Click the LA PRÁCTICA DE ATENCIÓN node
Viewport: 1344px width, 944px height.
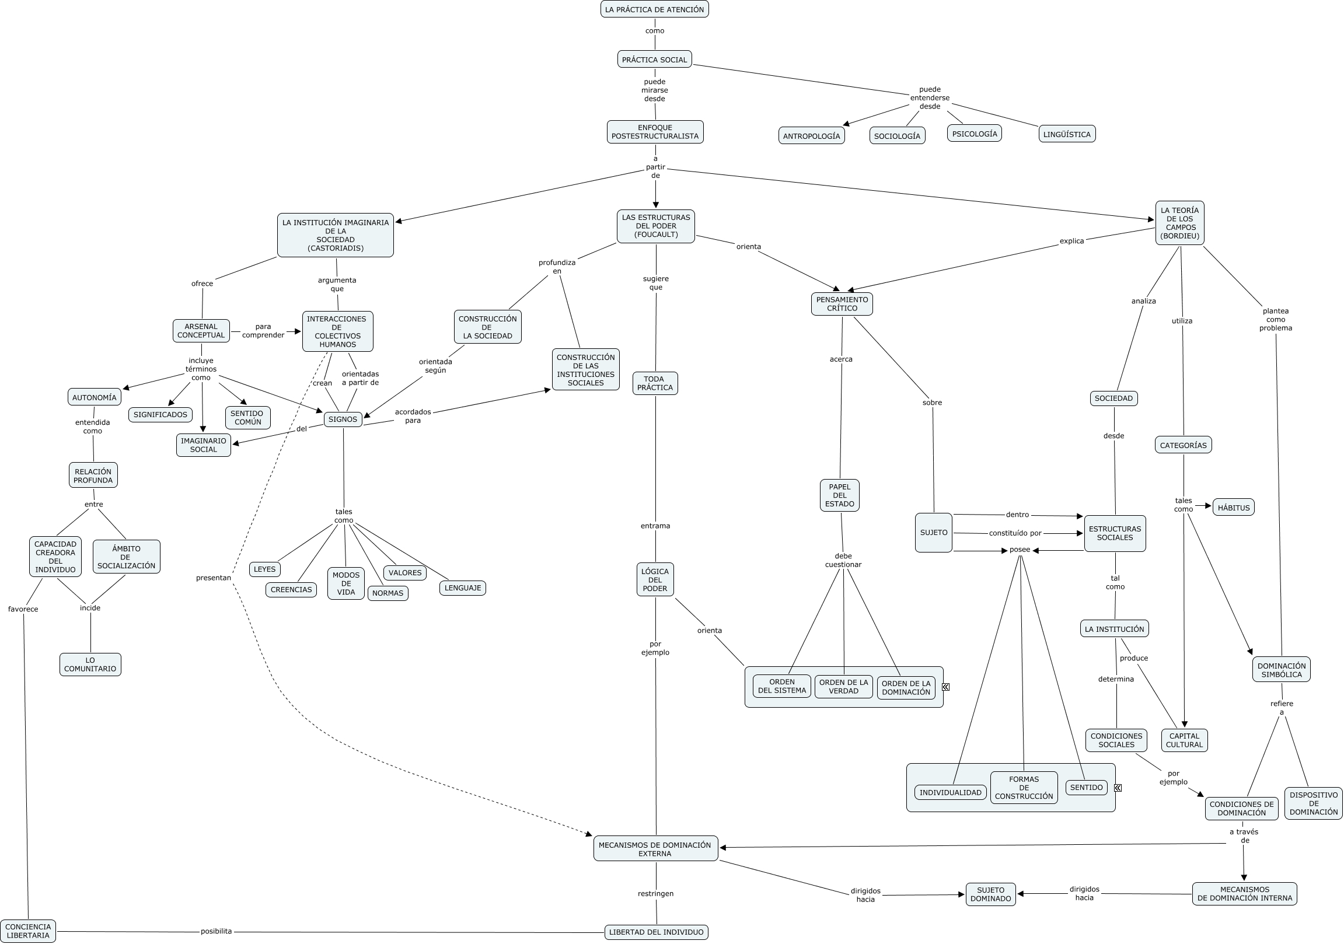tap(654, 9)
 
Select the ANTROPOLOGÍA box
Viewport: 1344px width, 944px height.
tap(811, 136)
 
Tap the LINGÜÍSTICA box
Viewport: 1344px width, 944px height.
tap(1067, 134)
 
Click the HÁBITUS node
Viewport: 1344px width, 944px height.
tap(1233, 508)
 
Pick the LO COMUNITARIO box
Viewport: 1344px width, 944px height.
tap(90, 665)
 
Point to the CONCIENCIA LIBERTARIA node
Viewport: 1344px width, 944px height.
tap(28, 931)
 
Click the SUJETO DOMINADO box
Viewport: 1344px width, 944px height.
tap(990, 894)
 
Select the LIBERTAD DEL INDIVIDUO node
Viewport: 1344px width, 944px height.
tap(656, 932)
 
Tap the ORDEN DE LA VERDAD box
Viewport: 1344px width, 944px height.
tap(843, 687)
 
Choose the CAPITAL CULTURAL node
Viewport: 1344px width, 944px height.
tap(1184, 740)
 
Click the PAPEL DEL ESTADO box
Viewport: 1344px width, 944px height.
tap(839, 495)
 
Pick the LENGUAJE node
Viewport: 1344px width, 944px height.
tap(462, 588)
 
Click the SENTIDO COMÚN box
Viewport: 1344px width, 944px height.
tap(247, 417)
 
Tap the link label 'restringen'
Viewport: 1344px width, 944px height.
tap(655, 894)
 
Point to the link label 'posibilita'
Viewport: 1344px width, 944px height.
tap(216, 931)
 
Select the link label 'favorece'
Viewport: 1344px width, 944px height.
tap(23, 609)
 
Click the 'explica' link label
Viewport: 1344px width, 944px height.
tap(1072, 241)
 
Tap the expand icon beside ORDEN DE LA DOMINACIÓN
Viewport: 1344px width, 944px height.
tap(945, 687)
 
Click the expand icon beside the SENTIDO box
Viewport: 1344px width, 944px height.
tap(1118, 788)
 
